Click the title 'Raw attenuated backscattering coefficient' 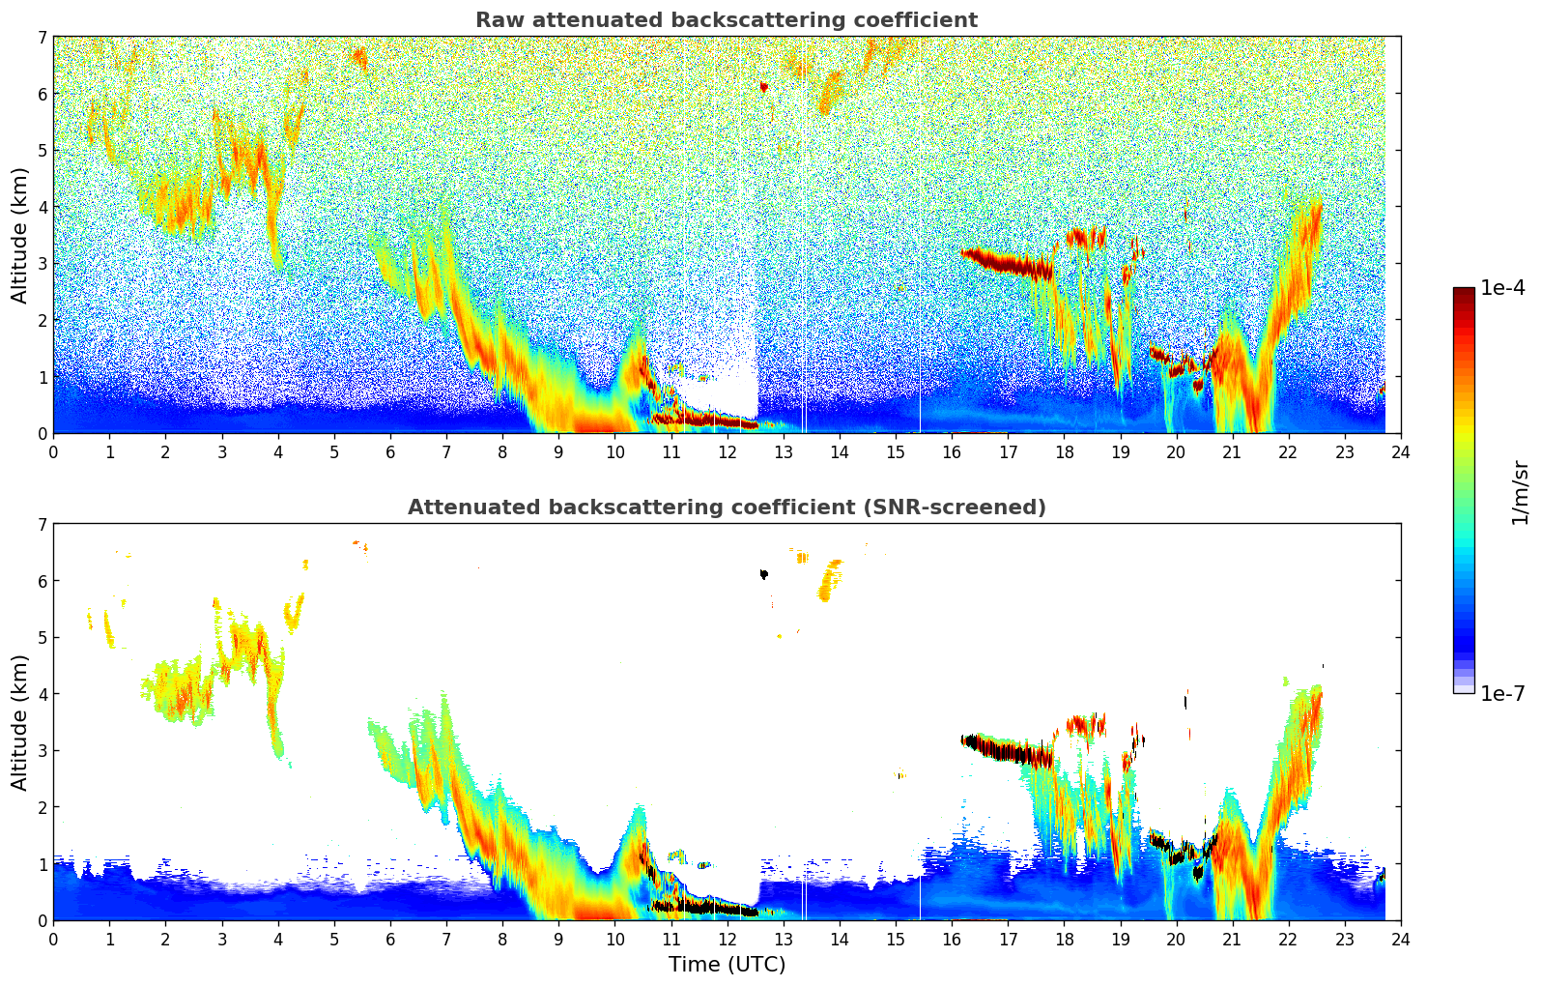point(726,20)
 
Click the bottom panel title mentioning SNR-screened point(726,507)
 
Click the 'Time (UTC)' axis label point(727,964)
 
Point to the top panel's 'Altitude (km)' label point(20,235)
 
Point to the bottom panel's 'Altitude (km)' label point(20,722)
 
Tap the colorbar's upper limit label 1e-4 point(1502,288)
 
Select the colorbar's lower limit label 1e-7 point(1502,693)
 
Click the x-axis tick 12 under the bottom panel point(727,939)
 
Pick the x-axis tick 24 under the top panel point(1400,451)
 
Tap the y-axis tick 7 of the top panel point(42,38)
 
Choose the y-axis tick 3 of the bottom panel point(42,751)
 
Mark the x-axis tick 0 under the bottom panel point(53,939)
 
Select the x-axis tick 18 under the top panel point(1064,451)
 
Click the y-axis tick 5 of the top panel point(42,151)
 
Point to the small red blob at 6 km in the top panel point(763,87)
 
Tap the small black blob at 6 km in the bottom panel point(763,574)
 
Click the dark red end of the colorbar point(1463,293)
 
